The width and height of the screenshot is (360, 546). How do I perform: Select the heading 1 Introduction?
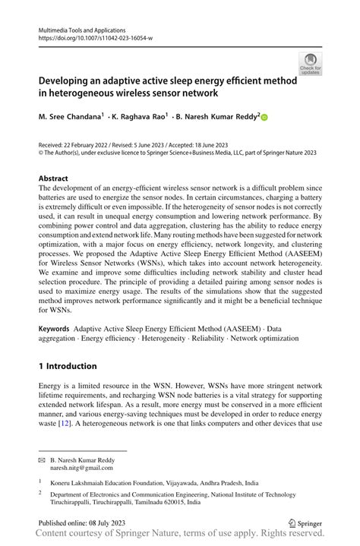click(x=68, y=366)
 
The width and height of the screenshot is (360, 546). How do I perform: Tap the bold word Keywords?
click(x=55, y=327)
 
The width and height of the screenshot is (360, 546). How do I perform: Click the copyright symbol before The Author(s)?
click(x=41, y=152)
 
